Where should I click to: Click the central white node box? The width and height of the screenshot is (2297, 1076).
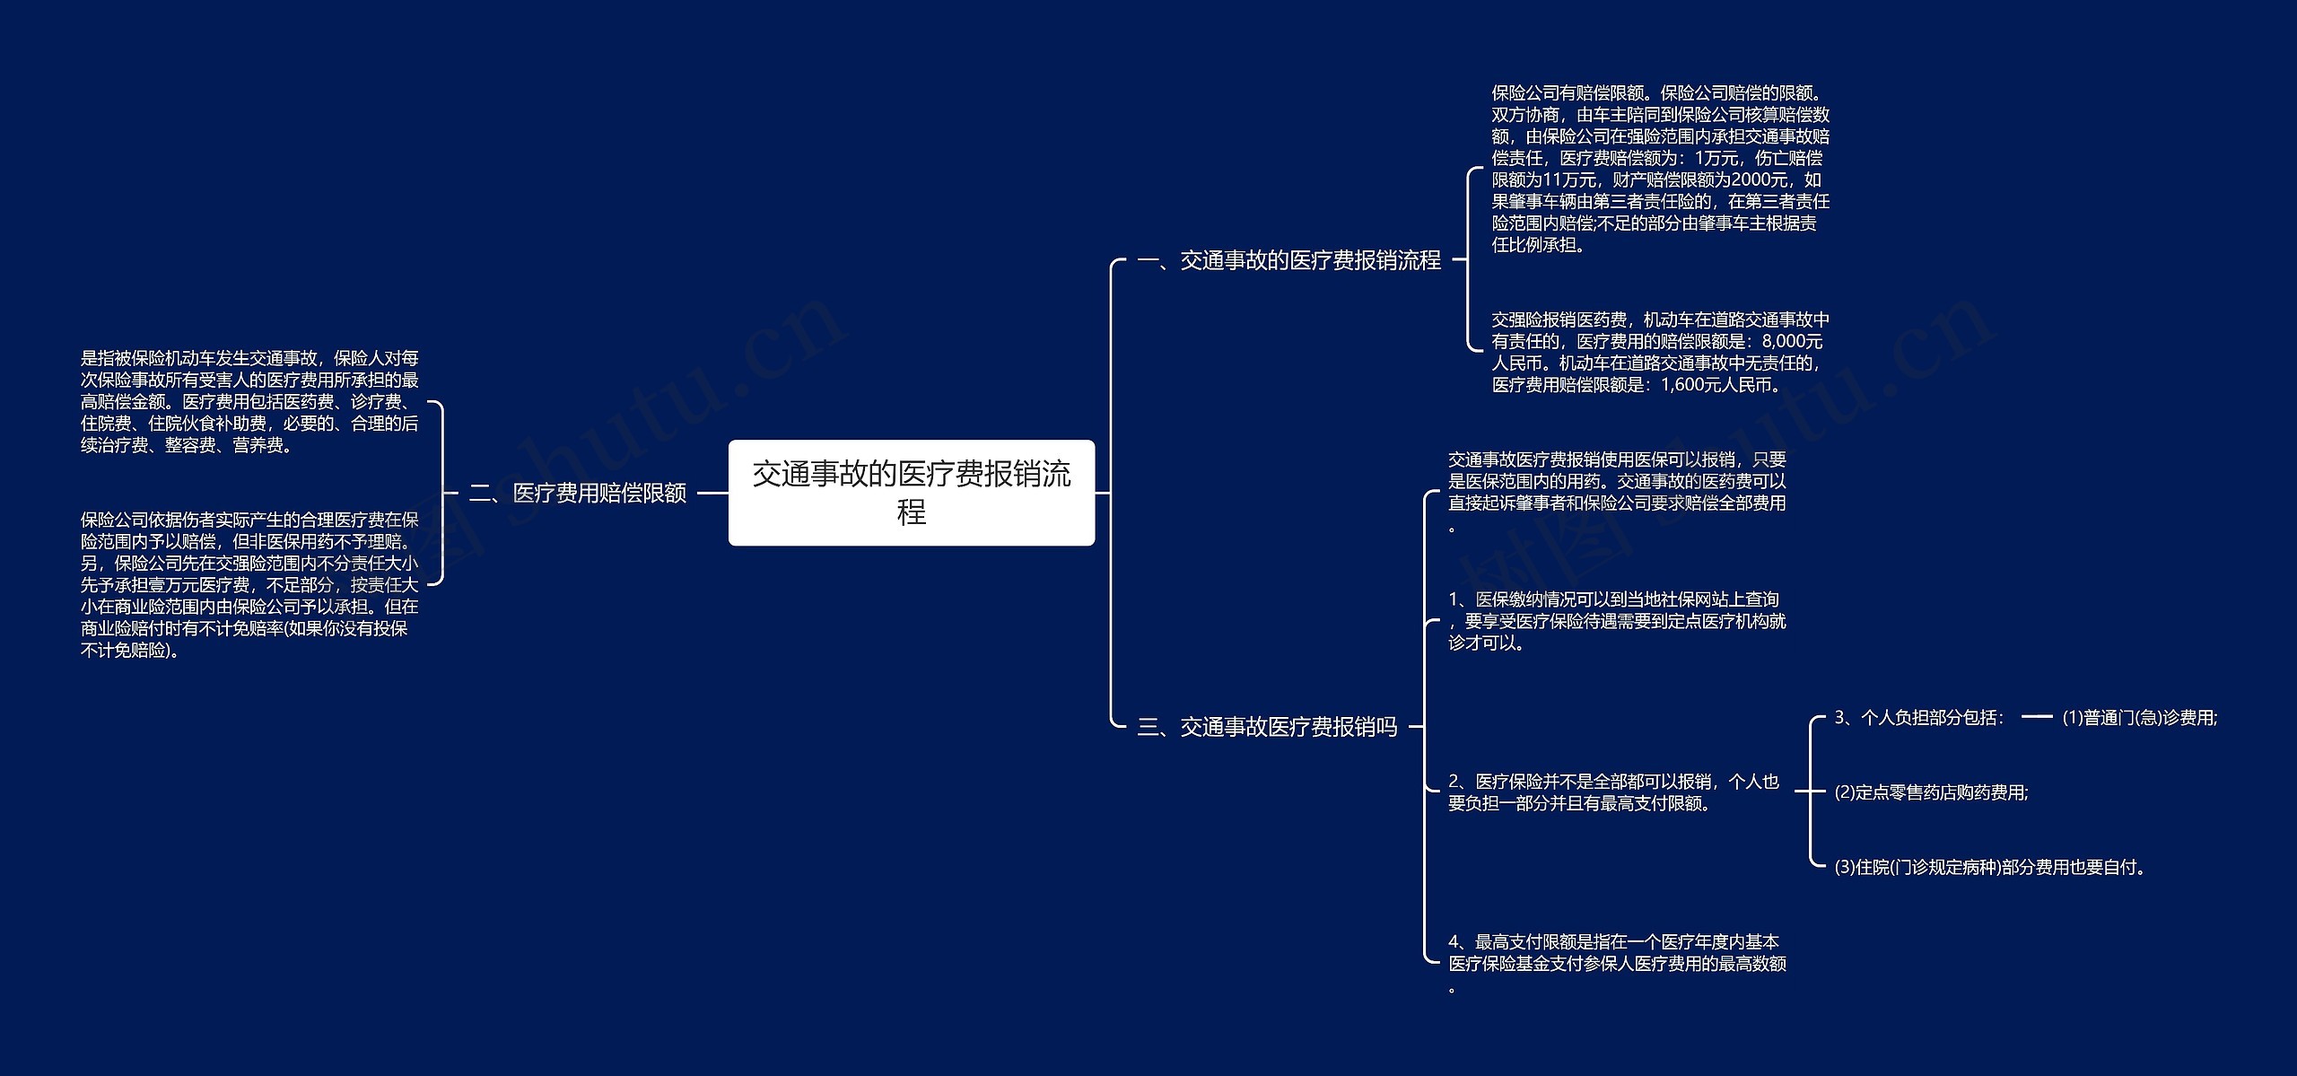tap(911, 492)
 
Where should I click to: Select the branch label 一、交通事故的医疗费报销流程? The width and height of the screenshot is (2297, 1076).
tap(1288, 260)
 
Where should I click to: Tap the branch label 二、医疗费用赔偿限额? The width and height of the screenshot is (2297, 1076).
tap(578, 493)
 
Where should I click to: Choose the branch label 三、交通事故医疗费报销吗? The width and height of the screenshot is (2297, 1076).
tap(1267, 727)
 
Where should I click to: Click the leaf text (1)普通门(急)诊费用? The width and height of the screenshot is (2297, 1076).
tap(2140, 718)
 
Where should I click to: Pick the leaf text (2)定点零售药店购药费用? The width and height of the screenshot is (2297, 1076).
tap(1932, 792)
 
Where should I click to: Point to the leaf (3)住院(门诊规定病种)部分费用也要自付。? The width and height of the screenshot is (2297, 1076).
tap(1988, 867)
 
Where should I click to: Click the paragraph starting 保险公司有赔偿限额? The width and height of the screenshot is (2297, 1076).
tap(1660, 169)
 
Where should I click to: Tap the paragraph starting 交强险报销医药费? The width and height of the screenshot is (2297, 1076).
tap(1660, 353)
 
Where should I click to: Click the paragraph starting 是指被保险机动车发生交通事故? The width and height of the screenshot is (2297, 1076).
tap(249, 402)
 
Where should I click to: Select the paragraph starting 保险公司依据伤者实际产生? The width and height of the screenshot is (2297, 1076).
tap(249, 584)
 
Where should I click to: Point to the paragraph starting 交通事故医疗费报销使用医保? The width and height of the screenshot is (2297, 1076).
tap(1617, 492)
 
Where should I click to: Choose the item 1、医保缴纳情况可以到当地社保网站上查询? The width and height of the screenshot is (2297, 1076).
tap(1617, 621)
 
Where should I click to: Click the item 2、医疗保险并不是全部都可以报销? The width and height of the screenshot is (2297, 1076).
tap(1613, 792)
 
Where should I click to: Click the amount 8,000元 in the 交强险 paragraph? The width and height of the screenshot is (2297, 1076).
tap(1792, 342)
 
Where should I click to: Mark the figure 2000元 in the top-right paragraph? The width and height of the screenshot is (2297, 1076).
tap(1762, 179)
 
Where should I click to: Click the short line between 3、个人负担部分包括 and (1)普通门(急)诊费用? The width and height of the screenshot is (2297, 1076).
tap(2037, 717)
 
